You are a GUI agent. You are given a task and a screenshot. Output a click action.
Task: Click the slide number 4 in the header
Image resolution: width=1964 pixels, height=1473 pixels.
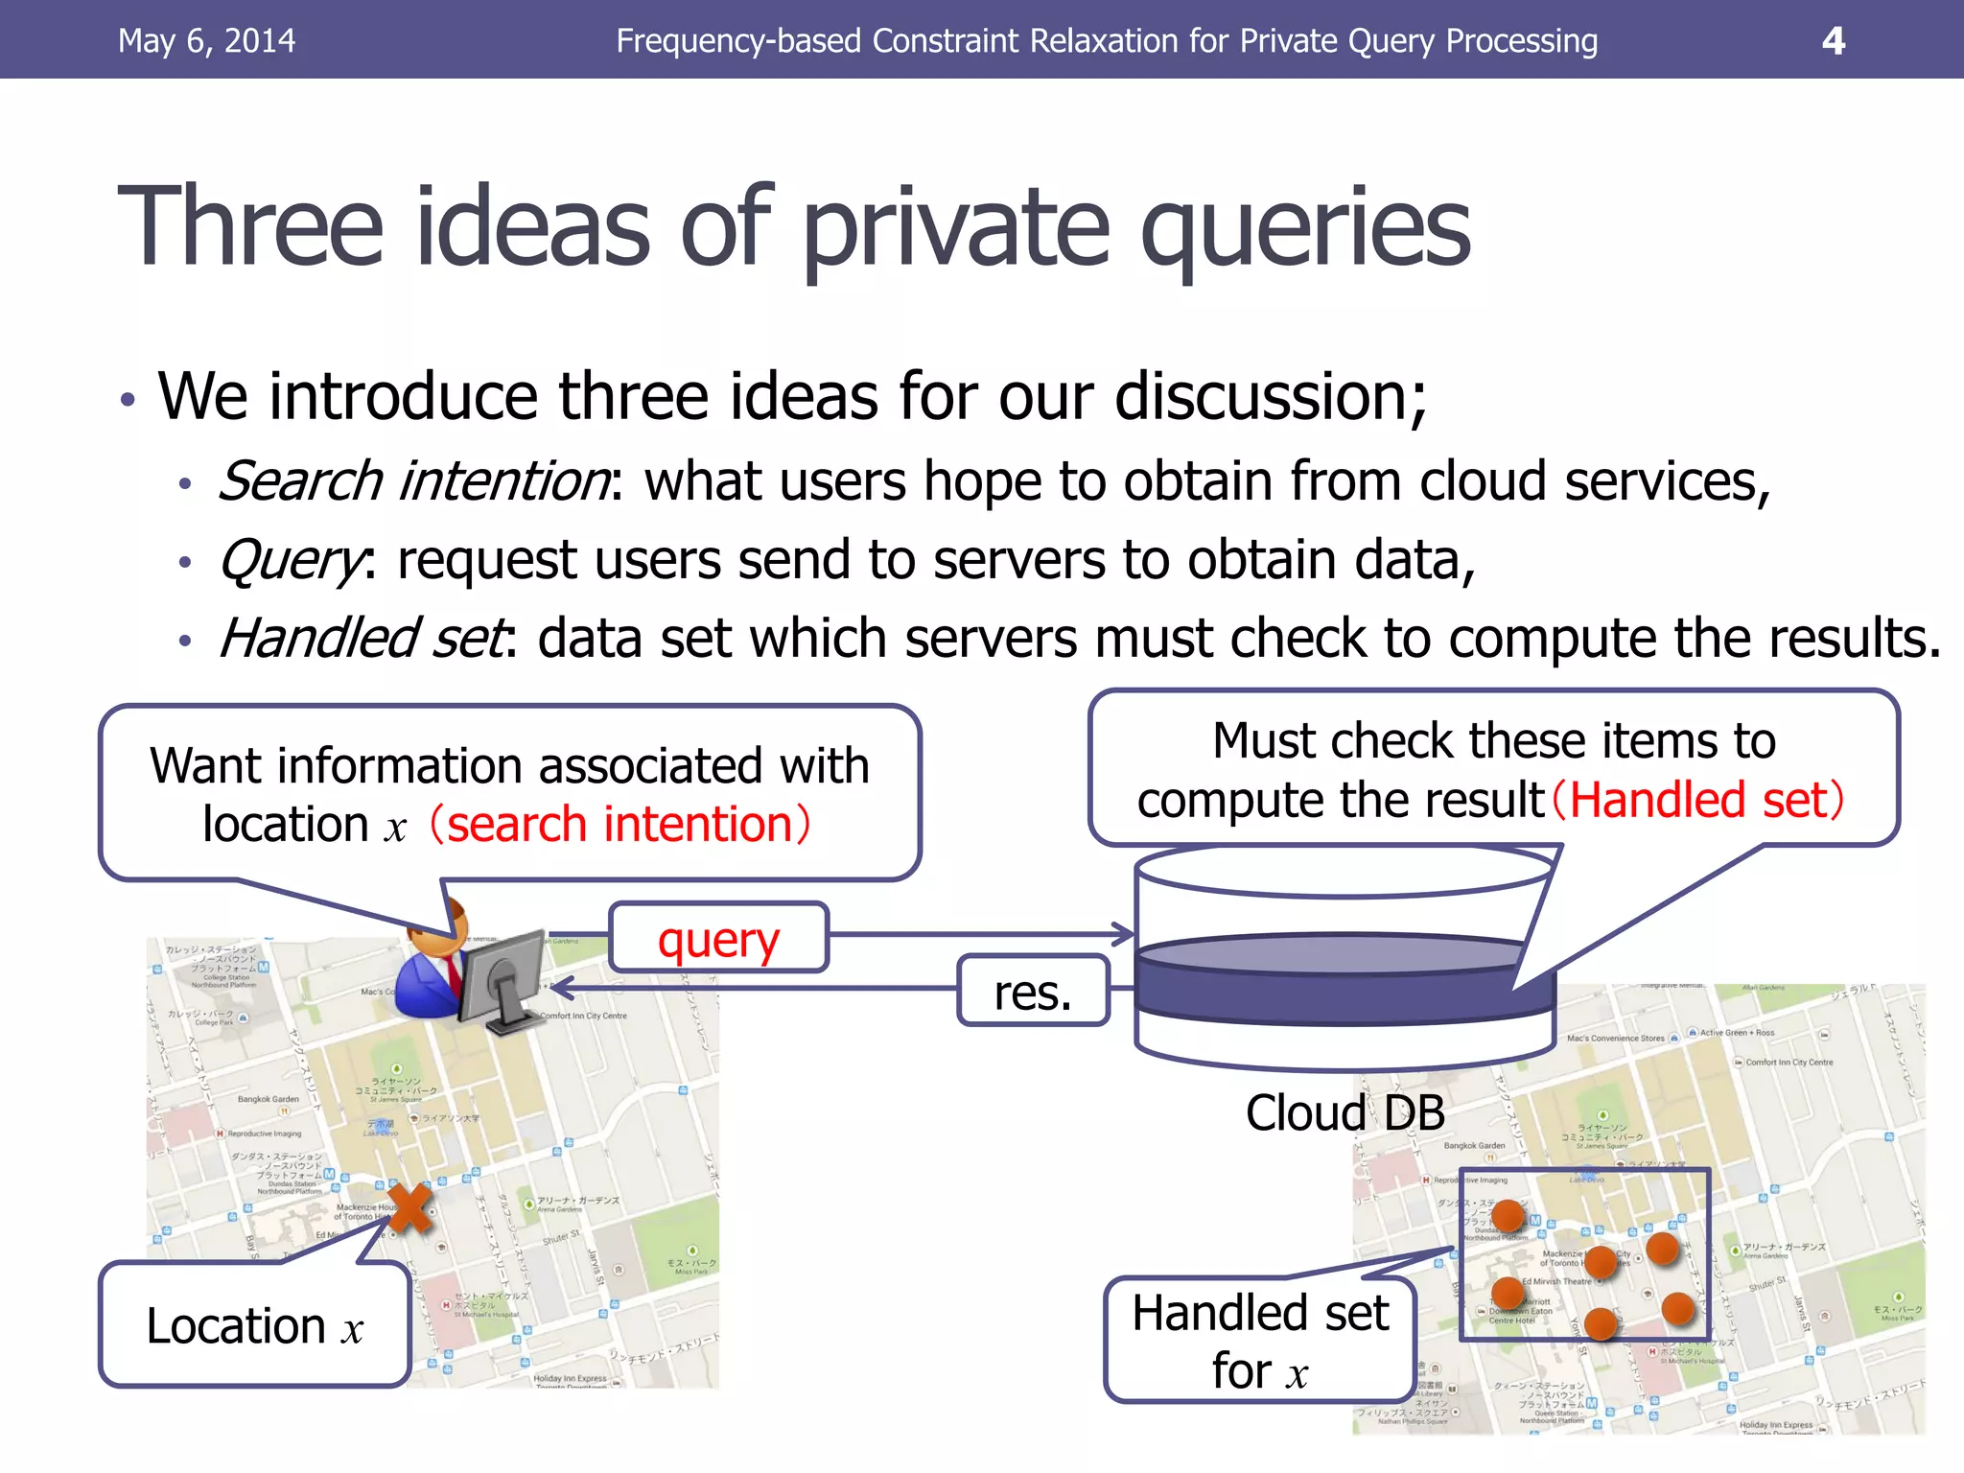(1833, 40)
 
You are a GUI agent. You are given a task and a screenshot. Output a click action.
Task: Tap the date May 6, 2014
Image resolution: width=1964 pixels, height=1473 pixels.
(206, 40)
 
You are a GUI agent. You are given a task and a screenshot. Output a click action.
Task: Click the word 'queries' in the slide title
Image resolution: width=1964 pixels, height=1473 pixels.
(1304, 228)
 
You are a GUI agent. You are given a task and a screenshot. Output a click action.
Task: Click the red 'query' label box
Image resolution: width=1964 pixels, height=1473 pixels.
(718, 939)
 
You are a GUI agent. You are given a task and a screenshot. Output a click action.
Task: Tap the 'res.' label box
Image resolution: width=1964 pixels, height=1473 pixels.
(1033, 992)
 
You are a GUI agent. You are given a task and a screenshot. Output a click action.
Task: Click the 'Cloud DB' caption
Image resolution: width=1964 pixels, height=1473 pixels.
(1344, 1112)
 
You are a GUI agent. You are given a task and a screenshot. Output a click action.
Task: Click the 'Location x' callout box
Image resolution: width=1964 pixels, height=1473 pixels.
(255, 1325)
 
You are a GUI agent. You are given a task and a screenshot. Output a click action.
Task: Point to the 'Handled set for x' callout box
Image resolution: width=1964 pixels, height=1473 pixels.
(1260, 1340)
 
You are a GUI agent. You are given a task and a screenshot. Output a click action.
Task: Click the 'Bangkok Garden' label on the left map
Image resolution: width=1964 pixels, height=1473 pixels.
(268, 1099)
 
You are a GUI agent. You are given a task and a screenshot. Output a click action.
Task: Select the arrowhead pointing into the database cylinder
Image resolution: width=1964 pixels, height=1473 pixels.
(1123, 932)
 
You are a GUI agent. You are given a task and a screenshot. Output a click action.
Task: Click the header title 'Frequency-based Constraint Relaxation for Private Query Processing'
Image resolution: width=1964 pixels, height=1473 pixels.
(1106, 40)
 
